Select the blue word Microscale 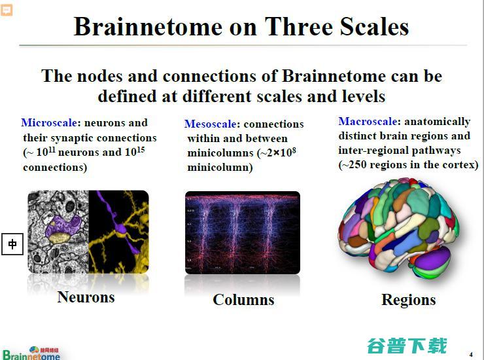(x=49, y=122)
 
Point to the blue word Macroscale (x=368, y=121)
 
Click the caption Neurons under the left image (x=86, y=297)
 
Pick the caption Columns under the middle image (x=243, y=300)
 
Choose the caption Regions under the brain (x=408, y=300)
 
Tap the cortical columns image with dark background (x=242, y=232)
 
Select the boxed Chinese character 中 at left (x=12, y=245)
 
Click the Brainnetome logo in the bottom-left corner (x=31, y=353)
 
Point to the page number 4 (x=470, y=355)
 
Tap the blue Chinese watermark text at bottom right (x=407, y=345)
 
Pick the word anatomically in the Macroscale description (x=437, y=122)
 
